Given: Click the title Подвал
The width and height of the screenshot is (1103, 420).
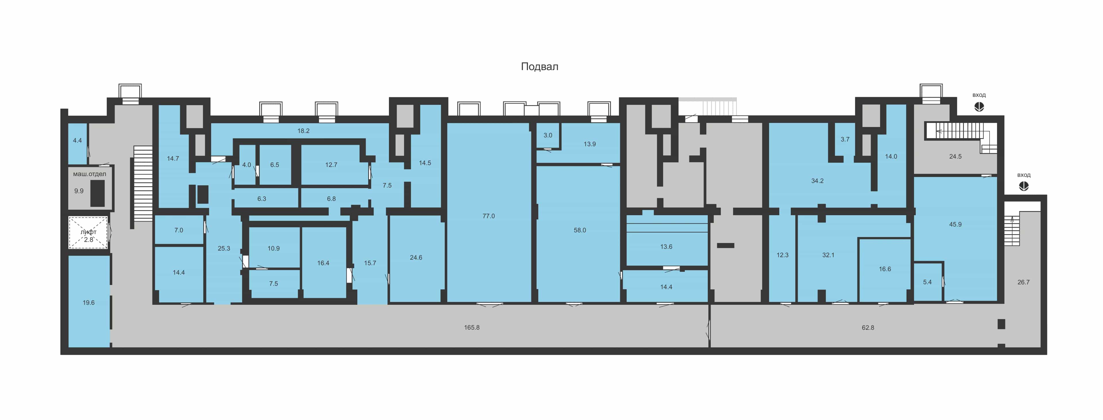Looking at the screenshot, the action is (x=539, y=66).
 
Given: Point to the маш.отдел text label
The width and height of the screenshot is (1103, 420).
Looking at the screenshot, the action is (x=90, y=174).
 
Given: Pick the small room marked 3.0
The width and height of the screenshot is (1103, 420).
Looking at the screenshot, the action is (x=548, y=136).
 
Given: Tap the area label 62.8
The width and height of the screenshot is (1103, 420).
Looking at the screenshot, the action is (x=868, y=327).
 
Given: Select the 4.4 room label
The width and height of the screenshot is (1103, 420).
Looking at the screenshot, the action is (x=77, y=140).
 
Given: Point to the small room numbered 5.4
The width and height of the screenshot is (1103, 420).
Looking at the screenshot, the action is (x=928, y=282).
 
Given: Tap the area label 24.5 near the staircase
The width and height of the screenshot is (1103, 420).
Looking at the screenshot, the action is (x=955, y=157).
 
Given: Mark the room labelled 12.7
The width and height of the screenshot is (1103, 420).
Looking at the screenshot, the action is (x=331, y=165).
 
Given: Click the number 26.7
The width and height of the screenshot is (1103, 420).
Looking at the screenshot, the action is (x=1023, y=282).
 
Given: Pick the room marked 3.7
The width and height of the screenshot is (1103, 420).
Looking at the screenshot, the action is (x=845, y=139).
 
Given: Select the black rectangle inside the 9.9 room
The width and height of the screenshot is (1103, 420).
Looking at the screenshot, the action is (x=98, y=193).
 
